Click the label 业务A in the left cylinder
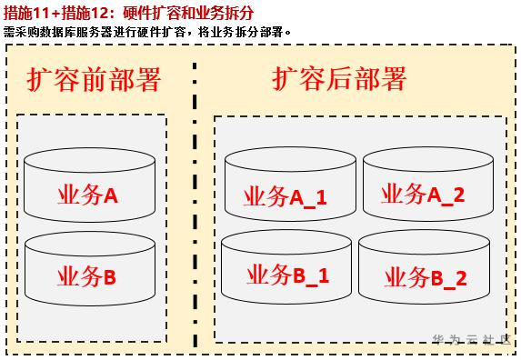(87, 195)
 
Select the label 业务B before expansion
(86, 276)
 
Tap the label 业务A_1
(286, 197)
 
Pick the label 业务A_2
(423, 195)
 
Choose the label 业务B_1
(287, 275)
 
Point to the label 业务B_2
(426, 277)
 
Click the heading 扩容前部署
(94, 79)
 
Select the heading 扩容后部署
(339, 78)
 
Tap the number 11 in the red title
(42, 13)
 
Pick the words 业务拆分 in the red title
(227, 13)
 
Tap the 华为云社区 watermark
(472, 339)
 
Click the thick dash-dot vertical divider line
(195, 205)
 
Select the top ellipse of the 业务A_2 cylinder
(428, 159)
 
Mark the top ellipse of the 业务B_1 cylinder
(286, 243)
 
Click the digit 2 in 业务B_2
(461, 278)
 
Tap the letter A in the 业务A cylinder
(111, 195)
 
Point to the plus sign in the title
(56, 14)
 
